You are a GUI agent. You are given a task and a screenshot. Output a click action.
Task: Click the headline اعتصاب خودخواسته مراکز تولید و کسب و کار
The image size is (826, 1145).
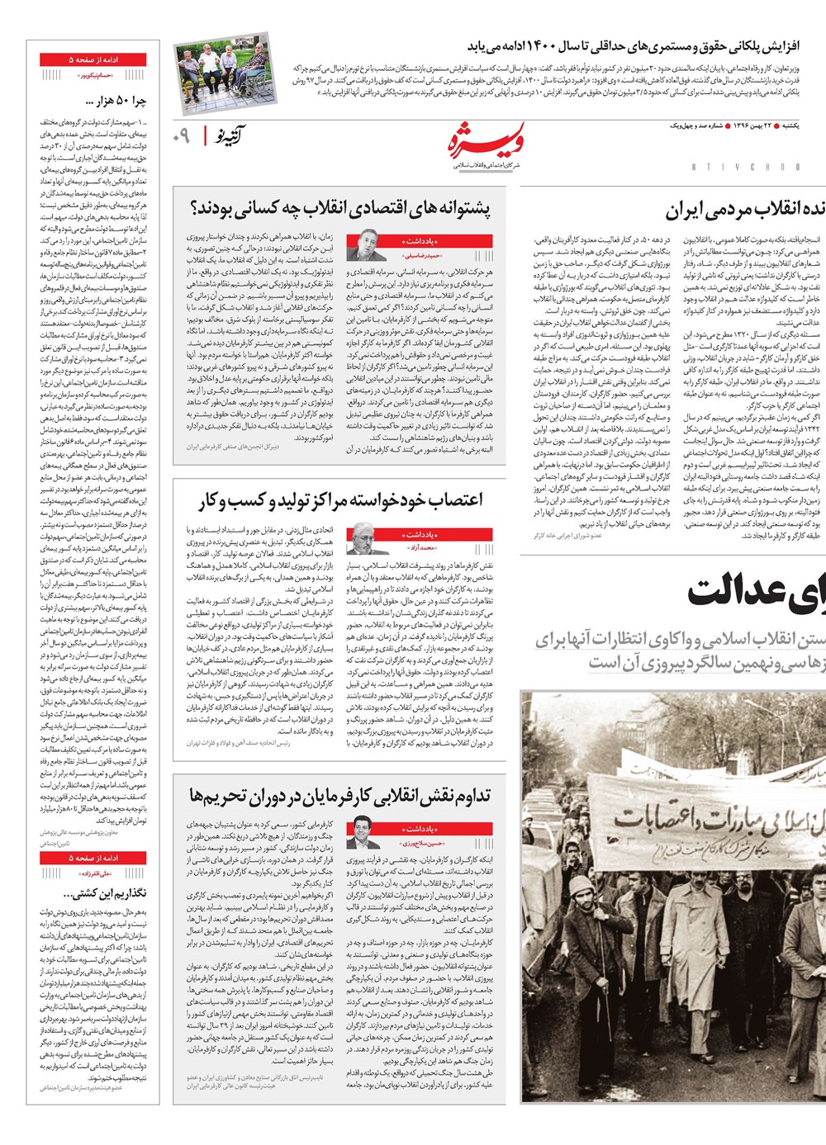tap(340, 500)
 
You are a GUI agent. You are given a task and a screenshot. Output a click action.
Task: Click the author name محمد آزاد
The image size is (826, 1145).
tap(420, 547)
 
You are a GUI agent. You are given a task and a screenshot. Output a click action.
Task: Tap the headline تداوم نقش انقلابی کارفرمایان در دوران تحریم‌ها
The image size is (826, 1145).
tap(340, 796)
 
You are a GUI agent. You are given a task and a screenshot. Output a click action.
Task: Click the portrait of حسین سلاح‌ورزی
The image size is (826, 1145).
tap(363, 832)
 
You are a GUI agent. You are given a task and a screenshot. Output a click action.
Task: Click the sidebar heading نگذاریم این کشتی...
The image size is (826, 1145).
tap(109, 893)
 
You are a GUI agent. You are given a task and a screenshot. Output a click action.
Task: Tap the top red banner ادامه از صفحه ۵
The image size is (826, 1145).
tap(93, 60)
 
